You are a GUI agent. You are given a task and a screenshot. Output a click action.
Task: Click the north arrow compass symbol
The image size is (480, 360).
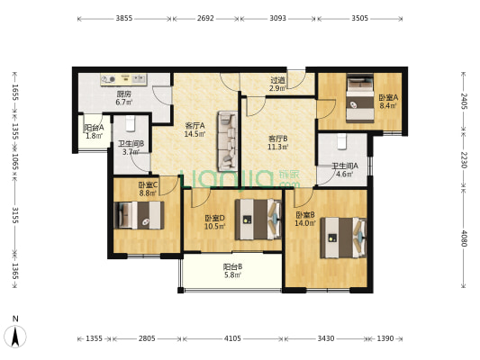pyautogui.click(x=15, y=336)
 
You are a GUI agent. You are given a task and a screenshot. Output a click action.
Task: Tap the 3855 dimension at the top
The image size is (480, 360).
pyautogui.click(x=124, y=18)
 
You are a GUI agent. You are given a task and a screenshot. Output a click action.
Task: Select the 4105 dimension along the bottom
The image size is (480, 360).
pyautogui.click(x=232, y=338)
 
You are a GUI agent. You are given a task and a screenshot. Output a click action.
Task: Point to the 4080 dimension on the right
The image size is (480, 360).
pyautogui.click(x=464, y=238)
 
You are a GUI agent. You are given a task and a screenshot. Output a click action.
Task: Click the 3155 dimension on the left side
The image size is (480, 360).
pyautogui.click(x=15, y=215)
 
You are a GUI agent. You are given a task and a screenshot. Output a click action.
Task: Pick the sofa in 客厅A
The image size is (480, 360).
pyautogui.click(x=228, y=141)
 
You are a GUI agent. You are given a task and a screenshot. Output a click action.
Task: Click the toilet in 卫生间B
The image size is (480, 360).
pyautogui.click(x=131, y=123)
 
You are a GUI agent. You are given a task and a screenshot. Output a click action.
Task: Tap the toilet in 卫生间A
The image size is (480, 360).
pyautogui.click(x=342, y=141)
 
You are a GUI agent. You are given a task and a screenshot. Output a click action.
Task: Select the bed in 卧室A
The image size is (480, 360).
pyautogui.click(x=360, y=98)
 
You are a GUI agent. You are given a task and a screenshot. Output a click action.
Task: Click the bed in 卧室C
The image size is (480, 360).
pyautogui.click(x=139, y=215)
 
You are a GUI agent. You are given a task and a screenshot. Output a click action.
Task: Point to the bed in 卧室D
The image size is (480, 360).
pyautogui.click(x=258, y=220)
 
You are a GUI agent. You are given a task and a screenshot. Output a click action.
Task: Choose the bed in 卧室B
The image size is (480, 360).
pyautogui.click(x=343, y=238)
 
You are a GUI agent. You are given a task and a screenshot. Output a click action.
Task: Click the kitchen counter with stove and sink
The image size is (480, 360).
pyautogui.click(x=123, y=79)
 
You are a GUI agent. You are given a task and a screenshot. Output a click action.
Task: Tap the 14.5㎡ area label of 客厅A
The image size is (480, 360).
pyautogui.click(x=195, y=134)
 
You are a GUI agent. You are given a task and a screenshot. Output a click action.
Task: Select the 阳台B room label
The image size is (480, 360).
pyautogui.click(x=232, y=267)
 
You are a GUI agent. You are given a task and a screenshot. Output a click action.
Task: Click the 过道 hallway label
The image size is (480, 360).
pyautogui.click(x=278, y=81)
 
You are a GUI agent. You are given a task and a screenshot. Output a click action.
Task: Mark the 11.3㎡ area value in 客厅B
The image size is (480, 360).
pyautogui.click(x=278, y=147)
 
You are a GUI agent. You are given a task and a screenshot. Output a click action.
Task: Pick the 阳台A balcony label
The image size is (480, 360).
pyautogui.click(x=94, y=128)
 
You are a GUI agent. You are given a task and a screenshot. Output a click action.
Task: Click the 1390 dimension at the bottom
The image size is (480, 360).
pyautogui.click(x=385, y=338)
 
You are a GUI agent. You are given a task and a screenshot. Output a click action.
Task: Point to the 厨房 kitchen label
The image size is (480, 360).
pyautogui.click(x=123, y=94)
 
